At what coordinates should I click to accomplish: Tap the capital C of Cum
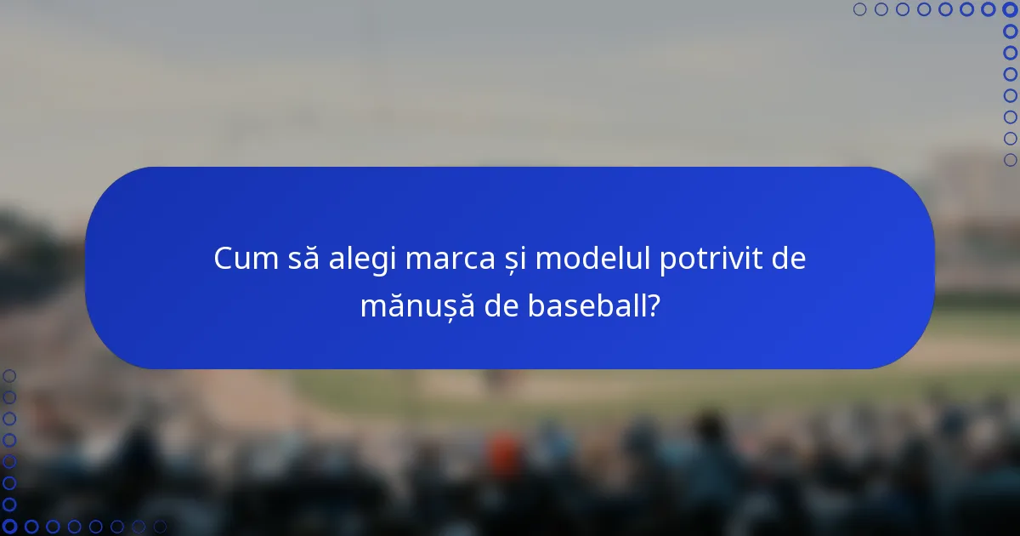(224, 259)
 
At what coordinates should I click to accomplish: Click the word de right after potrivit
(786, 259)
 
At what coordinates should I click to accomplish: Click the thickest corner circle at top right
(1010, 9)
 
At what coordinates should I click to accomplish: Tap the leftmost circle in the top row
(859, 9)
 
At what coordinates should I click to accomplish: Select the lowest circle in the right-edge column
(1010, 160)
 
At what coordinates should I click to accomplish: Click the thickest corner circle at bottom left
(9, 527)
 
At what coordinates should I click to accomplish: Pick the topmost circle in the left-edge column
(9, 376)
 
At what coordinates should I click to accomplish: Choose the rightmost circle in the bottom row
(160, 527)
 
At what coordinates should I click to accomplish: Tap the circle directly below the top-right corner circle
(1010, 31)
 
